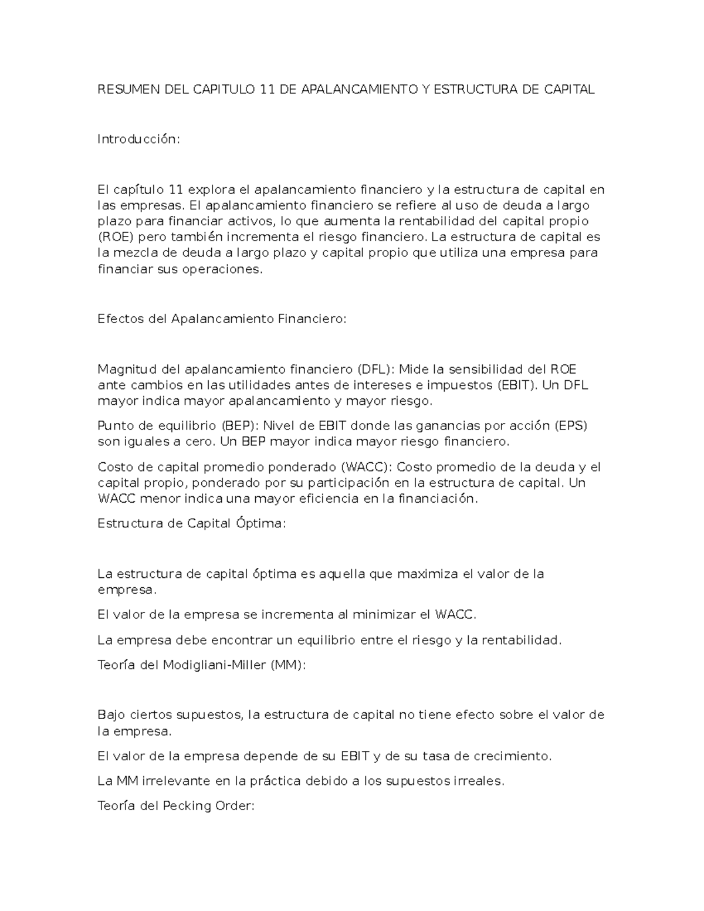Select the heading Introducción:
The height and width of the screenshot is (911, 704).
[x=138, y=140]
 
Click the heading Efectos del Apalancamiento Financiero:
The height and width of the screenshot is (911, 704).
[x=222, y=319]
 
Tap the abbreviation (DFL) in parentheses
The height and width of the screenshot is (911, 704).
[x=376, y=370]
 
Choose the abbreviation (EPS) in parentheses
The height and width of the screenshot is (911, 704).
[x=570, y=426]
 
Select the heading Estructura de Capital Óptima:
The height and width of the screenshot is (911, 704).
[x=191, y=524]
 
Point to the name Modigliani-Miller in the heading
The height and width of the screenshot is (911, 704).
[x=215, y=666]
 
